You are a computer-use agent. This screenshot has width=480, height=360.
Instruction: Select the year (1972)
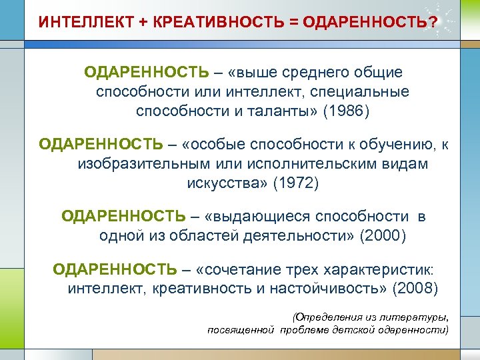(297, 183)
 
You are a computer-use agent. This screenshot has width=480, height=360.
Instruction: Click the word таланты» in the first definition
(276, 110)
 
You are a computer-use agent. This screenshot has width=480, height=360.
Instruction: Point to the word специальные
(365, 91)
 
